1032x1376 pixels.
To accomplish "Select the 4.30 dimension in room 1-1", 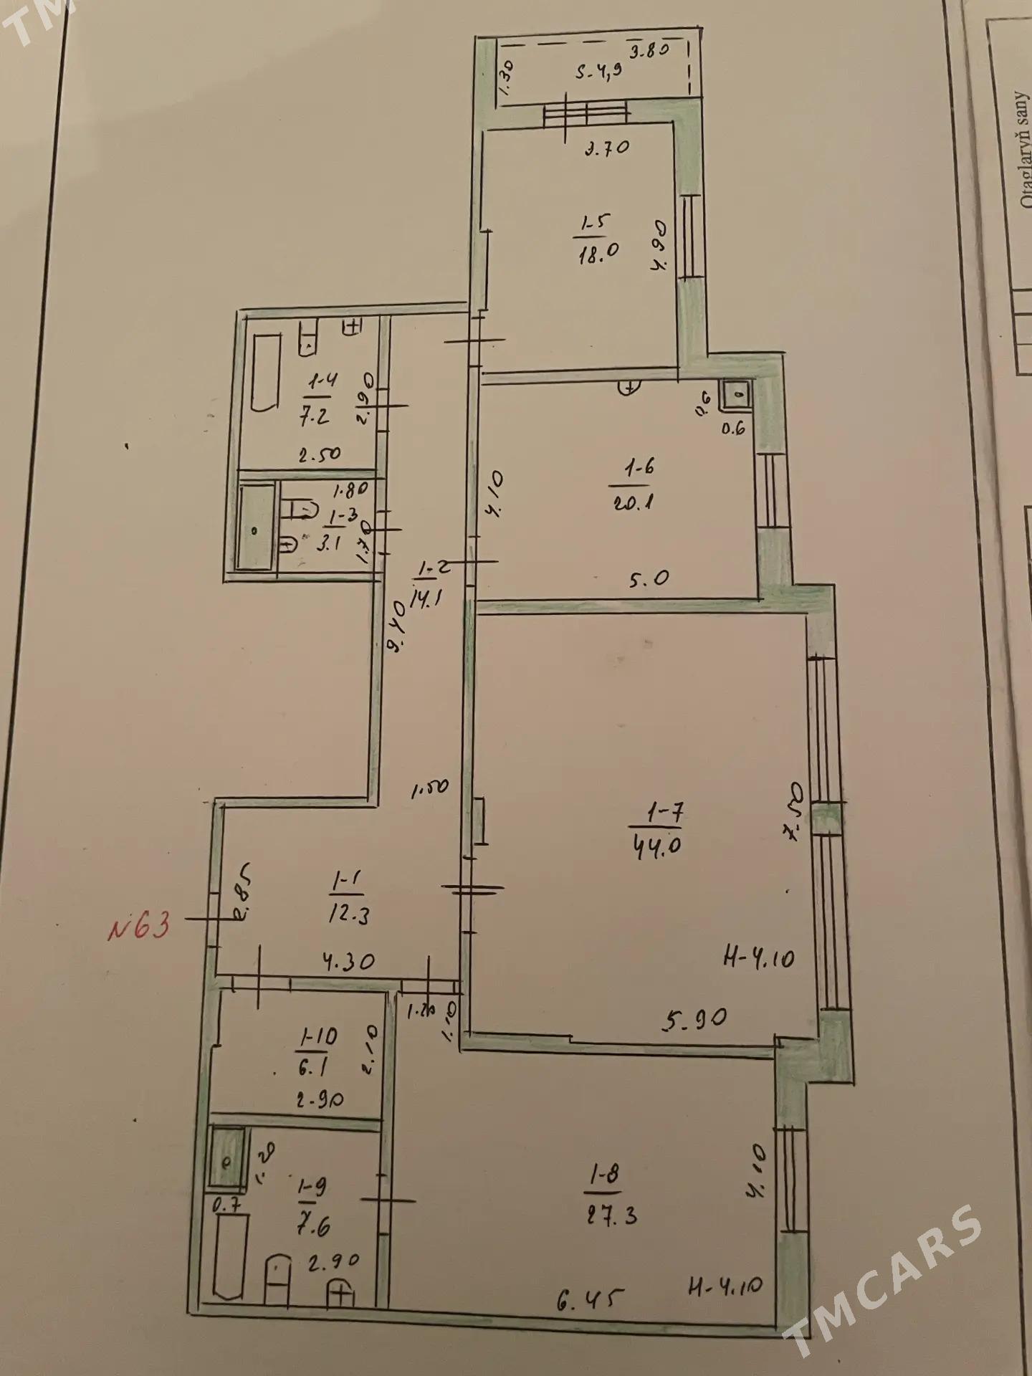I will [x=348, y=961].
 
